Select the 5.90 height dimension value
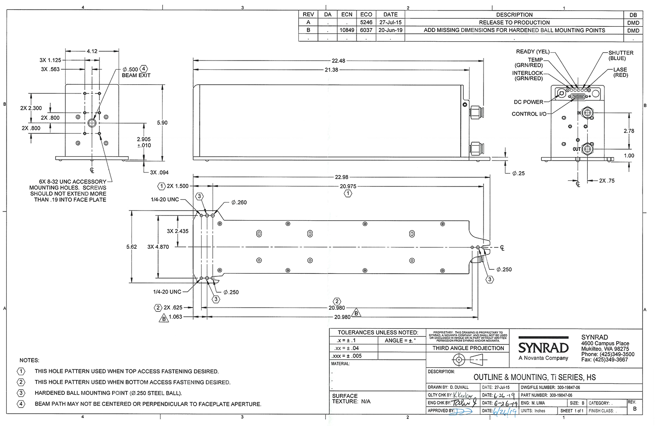pyautogui.click(x=162, y=123)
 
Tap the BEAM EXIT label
pyautogui.click(x=136, y=75)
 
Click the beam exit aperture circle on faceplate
pyautogui.click(x=92, y=123)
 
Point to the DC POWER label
pyautogui.click(x=528, y=102)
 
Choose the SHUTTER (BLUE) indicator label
pyautogui.click(x=620, y=55)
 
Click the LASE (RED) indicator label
pyautogui.click(x=620, y=72)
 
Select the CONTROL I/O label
pyautogui.click(x=529, y=114)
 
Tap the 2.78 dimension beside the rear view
pyautogui.click(x=629, y=131)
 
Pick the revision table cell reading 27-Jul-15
pyautogui.click(x=390, y=22)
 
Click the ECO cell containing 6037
pyautogui.click(x=366, y=30)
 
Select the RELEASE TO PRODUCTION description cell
pyautogui.click(x=514, y=22)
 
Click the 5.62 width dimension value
pyautogui.click(x=131, y=247)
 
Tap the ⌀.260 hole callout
pyautogui.click(x=239, y=203)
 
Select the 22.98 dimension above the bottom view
pyautogui.click(x=342, y=177)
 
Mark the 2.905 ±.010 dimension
pyautogui.click(x=144, y=142)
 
